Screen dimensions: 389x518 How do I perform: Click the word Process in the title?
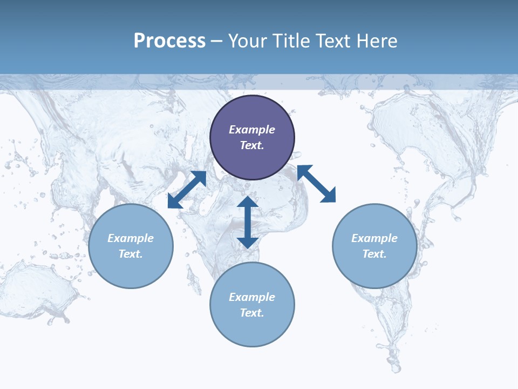pos(169,41)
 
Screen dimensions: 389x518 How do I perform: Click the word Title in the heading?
pos(290,41)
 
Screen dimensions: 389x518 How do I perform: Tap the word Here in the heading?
pos(377,41)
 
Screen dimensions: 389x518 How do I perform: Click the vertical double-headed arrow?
pos(248,222)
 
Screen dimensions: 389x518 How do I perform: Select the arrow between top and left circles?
pos(187,189)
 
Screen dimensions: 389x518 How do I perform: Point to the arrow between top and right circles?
pos(317,184)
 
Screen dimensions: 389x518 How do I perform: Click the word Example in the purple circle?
pos(252,130)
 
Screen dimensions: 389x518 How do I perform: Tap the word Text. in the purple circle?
pos(252,145)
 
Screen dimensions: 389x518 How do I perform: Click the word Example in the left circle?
pos(131,238)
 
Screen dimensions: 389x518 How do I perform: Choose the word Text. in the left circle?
pos(131,254)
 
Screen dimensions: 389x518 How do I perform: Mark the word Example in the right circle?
pos(374,238)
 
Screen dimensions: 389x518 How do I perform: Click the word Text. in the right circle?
pos(374,254)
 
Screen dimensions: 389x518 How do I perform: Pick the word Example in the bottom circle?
pos(252,297)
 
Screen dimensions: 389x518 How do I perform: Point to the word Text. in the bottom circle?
pos(252,313)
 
